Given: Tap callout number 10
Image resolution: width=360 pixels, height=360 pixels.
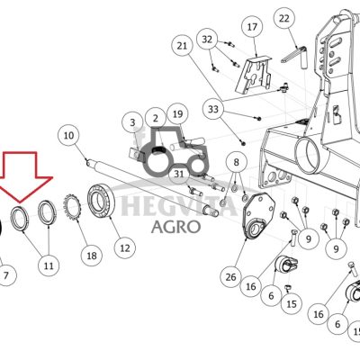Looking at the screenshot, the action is point(68,135).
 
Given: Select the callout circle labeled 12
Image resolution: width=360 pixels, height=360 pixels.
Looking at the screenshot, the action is point(125,248).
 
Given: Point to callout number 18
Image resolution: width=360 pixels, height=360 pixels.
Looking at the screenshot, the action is point(92,256).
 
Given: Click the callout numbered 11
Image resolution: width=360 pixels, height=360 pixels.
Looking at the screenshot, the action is point(49,265).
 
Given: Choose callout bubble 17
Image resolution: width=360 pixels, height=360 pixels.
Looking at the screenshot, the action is point(252,27).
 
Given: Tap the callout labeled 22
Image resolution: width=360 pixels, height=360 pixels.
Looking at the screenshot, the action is point(284,19).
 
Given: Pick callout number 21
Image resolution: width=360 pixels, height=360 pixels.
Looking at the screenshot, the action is point(182,46).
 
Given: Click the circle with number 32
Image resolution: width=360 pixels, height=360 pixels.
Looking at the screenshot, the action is point(207,40).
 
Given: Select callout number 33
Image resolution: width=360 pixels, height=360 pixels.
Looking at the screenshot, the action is point(213,109).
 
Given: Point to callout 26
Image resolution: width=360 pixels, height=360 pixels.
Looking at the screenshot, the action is point(230,277).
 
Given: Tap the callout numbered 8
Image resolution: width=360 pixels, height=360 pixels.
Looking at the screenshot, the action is point(237,162).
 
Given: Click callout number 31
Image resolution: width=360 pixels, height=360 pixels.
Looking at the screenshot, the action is point(179,174).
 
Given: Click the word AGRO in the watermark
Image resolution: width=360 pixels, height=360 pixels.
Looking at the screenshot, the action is point(175,227).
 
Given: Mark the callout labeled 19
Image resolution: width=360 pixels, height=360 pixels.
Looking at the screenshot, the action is point(177,114).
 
